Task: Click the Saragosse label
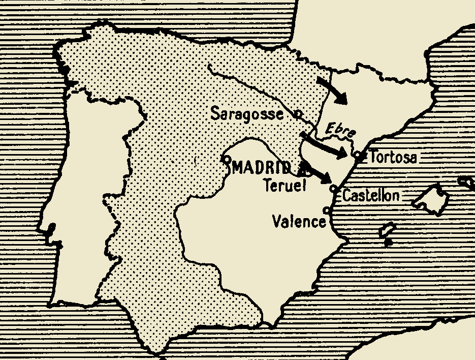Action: tap(247, 113)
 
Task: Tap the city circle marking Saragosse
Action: tap(298, 114)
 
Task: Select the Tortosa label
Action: tap(394, 157)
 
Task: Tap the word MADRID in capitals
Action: tap(262, 168)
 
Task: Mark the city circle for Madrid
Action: tap(228, 159)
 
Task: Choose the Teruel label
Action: tap(285, 186)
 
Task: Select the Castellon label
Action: tap(371, 195)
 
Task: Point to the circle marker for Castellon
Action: tap(334, 189)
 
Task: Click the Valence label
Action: tap(298, 222)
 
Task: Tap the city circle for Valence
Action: tap(326, 210)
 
